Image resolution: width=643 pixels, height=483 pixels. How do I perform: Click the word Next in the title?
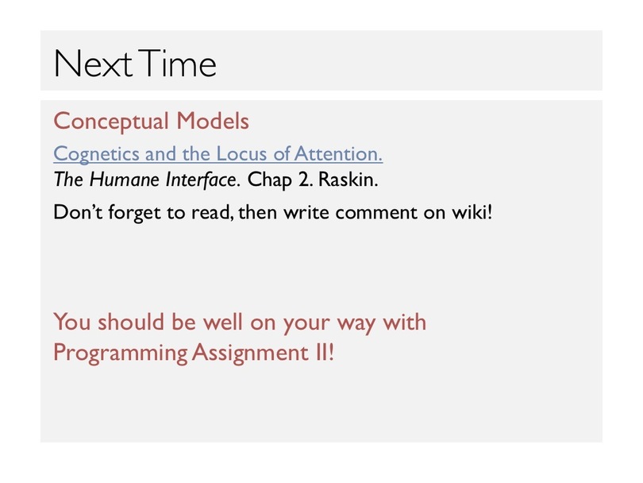click(93, 64)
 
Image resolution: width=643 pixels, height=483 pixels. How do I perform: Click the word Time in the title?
click(177, 64)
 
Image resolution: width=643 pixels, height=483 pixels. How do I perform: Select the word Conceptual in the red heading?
click(110, 122)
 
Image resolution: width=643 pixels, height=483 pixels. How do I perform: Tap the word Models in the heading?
click(213, 121)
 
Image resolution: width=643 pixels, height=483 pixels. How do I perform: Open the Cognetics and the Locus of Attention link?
click(218, 154)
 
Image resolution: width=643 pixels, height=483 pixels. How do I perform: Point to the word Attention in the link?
click(338, 153)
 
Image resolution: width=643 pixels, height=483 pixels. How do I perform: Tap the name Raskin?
click(348, 180)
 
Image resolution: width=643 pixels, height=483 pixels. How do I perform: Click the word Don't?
click(78, 212)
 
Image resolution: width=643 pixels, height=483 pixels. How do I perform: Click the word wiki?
click(472, 212)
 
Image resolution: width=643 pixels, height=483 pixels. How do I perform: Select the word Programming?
click(121, 354)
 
